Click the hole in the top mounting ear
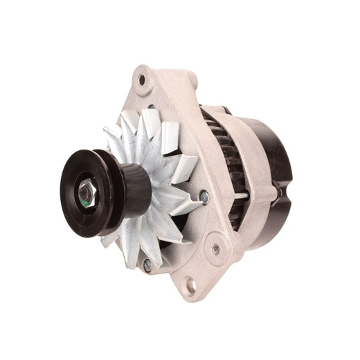143,80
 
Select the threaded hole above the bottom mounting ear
215,246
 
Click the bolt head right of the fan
204,198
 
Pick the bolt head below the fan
147,264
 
